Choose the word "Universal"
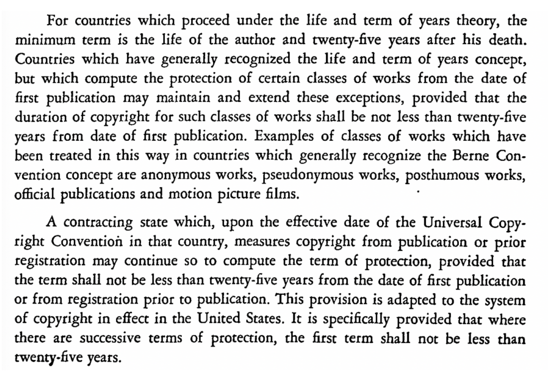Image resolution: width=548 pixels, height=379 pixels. (x=456, y=222)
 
